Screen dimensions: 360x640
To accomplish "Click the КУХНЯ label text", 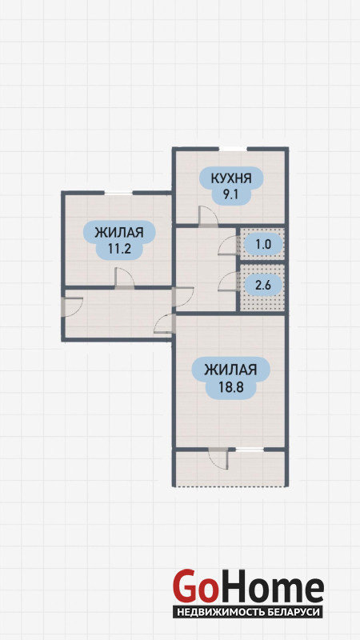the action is click(230, 178).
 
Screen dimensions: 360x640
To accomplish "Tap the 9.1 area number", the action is click(230, 194).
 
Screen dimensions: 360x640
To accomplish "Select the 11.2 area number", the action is click(119, 249).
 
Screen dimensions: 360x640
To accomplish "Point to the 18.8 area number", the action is click(230, 386).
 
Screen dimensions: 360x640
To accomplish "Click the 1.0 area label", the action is click(263, 245).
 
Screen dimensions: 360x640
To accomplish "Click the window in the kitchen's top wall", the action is click(233, 149).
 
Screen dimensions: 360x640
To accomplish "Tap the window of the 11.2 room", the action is click(118, 192).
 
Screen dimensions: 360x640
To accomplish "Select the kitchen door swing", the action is click(208, 215).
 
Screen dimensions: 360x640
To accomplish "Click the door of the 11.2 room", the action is click(124, 278).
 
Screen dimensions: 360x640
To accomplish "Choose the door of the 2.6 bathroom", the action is click(228, 282).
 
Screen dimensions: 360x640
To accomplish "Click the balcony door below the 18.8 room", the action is click(218, 458).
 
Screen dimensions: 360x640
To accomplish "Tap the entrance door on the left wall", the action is click(73, 307).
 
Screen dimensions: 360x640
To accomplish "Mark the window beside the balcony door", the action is click(250, 450).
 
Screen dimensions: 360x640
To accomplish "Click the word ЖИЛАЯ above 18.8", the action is click(230, 370).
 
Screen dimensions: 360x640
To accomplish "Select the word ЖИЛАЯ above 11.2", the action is click(119, 233).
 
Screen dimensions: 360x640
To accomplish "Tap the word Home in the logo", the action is click(270, 588).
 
